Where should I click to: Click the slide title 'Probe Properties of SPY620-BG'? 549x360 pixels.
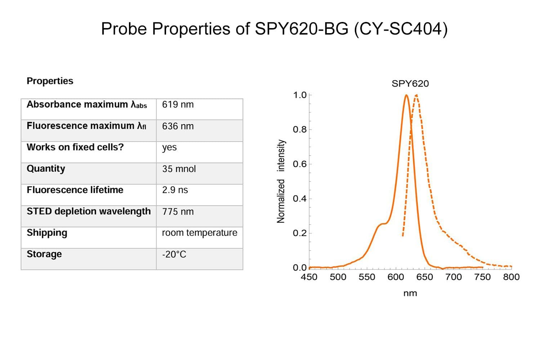274,29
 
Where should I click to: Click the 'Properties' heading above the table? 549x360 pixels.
50,81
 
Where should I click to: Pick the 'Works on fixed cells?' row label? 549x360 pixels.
75,147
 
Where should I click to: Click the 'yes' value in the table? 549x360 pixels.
169,148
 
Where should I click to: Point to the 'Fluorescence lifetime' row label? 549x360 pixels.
75,190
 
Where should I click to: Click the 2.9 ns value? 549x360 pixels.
175,190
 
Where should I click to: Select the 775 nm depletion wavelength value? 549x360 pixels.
178,212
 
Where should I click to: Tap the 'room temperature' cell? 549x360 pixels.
199,233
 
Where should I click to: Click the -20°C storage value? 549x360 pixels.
174,255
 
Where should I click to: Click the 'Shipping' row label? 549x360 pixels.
47,233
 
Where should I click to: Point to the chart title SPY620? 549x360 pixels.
410,84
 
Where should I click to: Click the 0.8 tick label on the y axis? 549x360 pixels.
299,129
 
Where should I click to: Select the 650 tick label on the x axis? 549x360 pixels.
424,277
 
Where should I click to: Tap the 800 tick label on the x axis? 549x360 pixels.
511,277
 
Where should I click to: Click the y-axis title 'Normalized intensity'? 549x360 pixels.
281,181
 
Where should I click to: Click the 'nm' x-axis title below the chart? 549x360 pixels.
410,293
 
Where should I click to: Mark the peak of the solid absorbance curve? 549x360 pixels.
406,95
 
